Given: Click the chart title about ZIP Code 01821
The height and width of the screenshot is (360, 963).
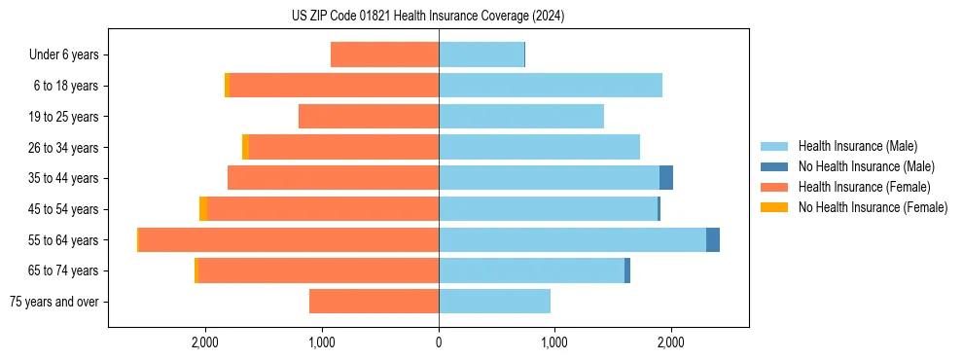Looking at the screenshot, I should pos(428,17).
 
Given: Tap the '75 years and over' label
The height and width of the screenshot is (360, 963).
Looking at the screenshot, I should pos(54,302).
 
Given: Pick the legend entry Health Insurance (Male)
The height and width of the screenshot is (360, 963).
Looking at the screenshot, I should pos(856,146).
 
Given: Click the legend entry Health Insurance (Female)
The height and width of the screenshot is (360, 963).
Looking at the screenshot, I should pos(864,187).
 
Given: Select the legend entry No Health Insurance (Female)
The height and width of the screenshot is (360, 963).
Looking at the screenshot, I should pos(873,207).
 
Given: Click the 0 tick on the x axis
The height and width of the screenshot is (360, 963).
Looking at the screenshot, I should pos(439,342).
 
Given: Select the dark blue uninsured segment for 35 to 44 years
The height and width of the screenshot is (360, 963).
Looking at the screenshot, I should pos(666,178).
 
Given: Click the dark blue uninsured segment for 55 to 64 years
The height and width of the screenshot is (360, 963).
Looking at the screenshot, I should pos(713,239).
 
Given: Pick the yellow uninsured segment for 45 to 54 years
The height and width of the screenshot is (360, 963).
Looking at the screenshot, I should pos(203,209).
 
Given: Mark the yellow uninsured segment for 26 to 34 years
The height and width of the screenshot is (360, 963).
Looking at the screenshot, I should pos(245,147).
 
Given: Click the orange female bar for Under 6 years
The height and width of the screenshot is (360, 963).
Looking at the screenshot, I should pos(384,54).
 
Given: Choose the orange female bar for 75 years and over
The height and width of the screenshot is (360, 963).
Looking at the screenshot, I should pos(374,302).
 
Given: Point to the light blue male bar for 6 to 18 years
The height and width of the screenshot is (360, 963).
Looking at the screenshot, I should pos(551,86).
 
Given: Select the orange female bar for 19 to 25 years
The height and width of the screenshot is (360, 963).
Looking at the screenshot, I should pos(369,117).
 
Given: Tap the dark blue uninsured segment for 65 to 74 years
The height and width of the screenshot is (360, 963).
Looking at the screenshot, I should pos(627,270).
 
